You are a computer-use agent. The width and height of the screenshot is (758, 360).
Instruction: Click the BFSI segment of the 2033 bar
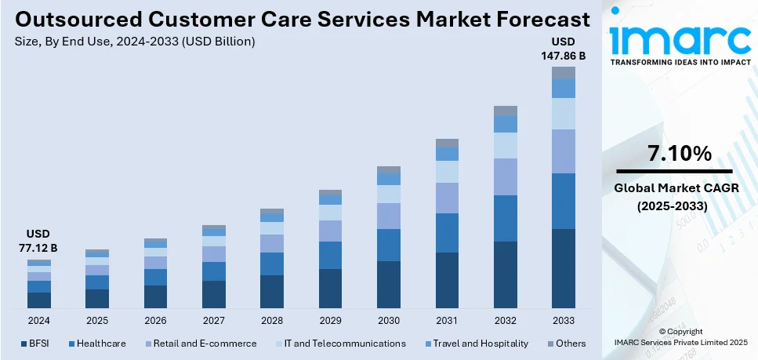[x=563, y=267]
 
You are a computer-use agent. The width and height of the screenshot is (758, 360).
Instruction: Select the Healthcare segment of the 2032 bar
[x=506, y=218]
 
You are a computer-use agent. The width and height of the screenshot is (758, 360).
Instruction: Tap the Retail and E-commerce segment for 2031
[x=447, y=198]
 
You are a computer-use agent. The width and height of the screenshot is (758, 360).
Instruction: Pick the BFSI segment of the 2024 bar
[x=39, y=300]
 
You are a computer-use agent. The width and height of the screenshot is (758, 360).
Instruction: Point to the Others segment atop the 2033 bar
[x=563, y=73]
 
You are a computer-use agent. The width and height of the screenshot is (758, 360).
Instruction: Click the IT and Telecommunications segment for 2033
[x=563, y=114]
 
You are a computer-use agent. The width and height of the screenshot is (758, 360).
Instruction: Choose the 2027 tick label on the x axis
[x=213, y=321]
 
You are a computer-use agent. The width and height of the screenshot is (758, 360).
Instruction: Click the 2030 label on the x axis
[x=388, y=321]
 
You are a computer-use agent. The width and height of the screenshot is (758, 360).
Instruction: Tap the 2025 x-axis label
[x=97, y=321]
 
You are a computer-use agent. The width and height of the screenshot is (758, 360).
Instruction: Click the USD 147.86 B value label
[x=563, y=49]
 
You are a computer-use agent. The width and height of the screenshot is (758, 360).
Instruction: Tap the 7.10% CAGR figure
[x=673, y=154]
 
